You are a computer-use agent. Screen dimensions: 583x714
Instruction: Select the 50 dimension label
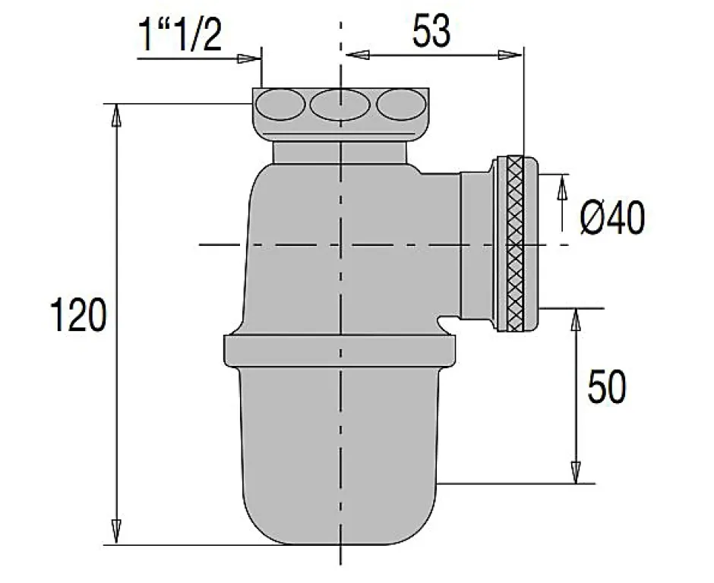607,387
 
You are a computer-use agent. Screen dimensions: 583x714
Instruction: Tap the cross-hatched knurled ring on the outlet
516,243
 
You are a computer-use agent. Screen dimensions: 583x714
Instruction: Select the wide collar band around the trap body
340,349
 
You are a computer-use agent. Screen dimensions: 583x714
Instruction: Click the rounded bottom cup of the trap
340,455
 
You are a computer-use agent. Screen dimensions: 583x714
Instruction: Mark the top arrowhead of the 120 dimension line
117,114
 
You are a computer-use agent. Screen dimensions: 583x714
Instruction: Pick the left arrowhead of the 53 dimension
356,54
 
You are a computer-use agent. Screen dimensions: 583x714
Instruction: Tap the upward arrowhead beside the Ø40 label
562,186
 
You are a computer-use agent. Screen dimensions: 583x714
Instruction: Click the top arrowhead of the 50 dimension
576,320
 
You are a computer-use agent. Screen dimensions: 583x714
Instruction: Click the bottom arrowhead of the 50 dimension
576,472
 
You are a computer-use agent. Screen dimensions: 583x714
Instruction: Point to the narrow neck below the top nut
340,152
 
